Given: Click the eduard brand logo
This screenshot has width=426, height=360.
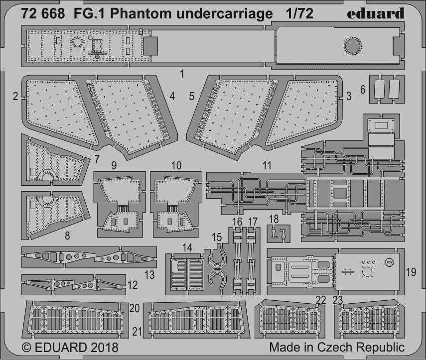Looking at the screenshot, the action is (x=376, y=13).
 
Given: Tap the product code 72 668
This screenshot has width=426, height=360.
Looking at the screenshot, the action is (x=43, y=13).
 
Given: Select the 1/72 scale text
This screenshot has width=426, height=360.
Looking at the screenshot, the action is (x=299, y=13).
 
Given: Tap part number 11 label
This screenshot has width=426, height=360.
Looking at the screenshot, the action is (x=267, y=166).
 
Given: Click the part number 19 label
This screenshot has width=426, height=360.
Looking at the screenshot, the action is (x=411, y=272).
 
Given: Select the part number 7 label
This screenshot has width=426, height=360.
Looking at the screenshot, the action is (x=97, y=160).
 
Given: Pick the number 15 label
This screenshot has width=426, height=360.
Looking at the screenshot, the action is (x=217, y=238).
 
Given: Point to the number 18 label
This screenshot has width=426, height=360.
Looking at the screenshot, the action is (x=274, y=219).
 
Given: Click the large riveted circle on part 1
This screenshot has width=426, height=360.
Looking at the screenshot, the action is (x=353, y=46).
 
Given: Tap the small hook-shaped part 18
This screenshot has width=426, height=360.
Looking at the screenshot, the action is (x=279, y=233).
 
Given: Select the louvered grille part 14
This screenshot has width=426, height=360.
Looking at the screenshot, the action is (x=187, y=274).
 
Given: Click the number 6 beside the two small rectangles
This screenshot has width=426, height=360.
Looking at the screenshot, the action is (x=363, y=90).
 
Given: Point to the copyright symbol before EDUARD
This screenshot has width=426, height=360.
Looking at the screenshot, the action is (x=26, y=348).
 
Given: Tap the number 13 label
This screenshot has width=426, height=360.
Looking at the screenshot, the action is (x=149, y=275).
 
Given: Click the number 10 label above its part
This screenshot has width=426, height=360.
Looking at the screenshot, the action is (x=176, y=166).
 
